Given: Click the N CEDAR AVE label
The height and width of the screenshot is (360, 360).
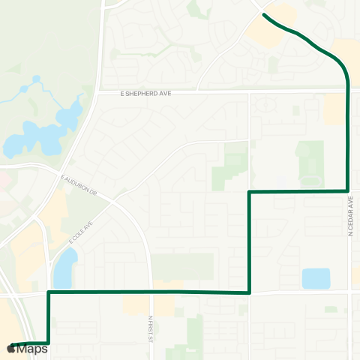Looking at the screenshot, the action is pos(350,218).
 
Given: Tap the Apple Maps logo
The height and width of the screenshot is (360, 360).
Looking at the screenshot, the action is pos(28,349).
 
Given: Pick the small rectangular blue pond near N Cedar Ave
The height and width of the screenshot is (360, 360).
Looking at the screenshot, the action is pos(316,278).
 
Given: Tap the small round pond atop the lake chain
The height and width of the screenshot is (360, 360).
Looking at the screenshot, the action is pos(35,79).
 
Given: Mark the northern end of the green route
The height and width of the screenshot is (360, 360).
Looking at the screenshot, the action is pos(264,13).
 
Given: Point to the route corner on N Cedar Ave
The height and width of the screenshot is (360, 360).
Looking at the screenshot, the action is pos(348,191).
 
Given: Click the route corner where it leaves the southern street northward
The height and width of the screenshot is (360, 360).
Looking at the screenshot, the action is pos(249,292).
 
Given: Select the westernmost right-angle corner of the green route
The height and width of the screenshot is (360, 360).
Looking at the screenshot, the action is pos(49,292).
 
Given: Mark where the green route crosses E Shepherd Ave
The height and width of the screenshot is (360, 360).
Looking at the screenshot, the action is pos(348,91).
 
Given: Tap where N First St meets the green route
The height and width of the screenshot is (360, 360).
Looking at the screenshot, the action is pos(151,292).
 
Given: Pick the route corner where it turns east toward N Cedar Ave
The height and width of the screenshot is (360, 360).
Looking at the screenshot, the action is pos(249,192).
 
